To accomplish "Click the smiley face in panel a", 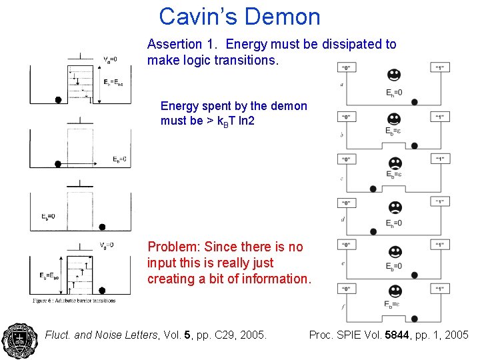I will click(394, 74).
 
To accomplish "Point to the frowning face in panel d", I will click(394, 207).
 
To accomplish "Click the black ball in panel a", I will click(415, 101).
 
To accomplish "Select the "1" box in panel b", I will click(439, 117).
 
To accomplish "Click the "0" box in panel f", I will click(347, 289).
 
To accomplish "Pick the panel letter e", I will click(342, 264).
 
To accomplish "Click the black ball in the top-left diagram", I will click(58, 100).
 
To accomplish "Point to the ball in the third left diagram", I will click(102, 227).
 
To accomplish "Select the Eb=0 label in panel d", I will click(394, 223).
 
